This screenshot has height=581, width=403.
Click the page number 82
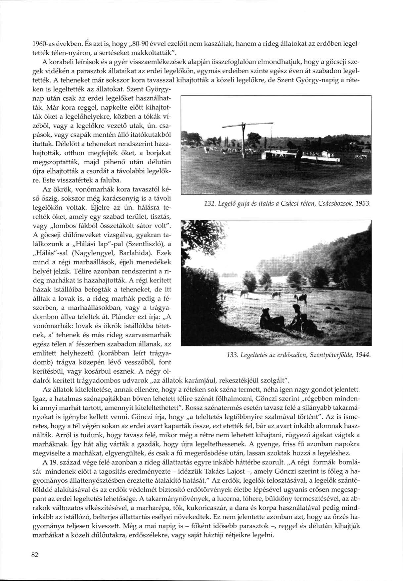click(31, 555)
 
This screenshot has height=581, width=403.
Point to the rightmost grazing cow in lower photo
click(300, 298)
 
